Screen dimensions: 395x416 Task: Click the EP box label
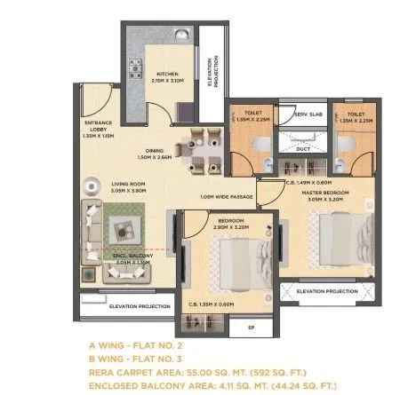249,326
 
